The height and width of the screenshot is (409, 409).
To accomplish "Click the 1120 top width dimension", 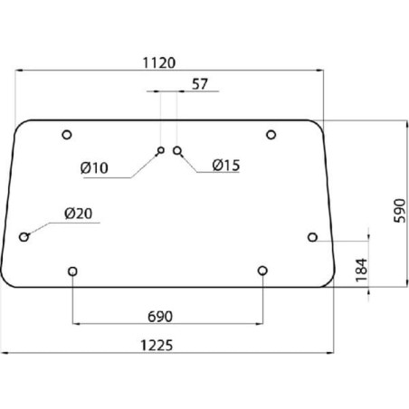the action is point(158,63).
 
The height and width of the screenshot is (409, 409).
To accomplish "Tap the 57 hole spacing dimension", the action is point(200,84).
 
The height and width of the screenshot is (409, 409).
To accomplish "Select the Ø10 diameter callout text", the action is point(94,168).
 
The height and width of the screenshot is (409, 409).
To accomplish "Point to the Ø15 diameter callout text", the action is point(226,166).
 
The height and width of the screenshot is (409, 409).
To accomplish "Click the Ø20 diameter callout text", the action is point(78,214).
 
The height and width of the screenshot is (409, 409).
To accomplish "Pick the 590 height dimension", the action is point(400,211).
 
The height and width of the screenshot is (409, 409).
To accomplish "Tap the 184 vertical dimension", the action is point(362,270).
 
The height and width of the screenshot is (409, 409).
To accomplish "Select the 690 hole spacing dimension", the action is point(160,317).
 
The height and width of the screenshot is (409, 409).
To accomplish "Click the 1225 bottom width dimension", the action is point(157,346).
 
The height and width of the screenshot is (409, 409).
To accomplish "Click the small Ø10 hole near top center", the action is point(161,150).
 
